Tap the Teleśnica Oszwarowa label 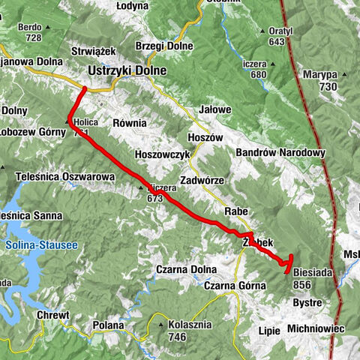(64, 175)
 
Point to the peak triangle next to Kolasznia (161, 325)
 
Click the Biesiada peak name (313, 272)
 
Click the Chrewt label (53, 316)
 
